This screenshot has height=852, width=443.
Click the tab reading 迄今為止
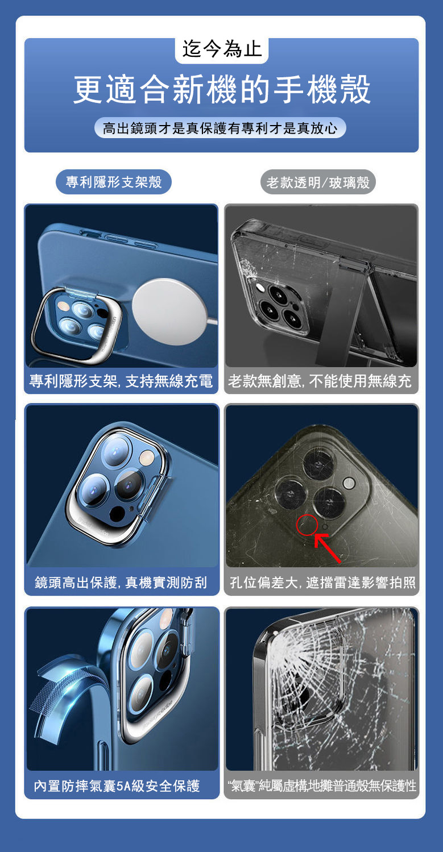pyautogui.click(x=222, y=49)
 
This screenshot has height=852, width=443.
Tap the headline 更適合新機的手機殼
pyautogui.click(x=222, y=90)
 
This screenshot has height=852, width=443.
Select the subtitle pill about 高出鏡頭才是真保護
pyautogui.click(x=220, y=128)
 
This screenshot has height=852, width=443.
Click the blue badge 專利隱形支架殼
pyautogui.click(x=114, y=182)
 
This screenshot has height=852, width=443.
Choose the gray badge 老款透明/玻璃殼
pyautogui.click(x=318, y=182)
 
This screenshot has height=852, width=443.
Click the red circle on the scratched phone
pyautogui.click(x=307, y=525)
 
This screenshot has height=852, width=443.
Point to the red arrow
pyautogui.click(x=328, y=548)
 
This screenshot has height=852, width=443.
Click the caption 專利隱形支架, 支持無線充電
pyautogui.click(x=121, y=381)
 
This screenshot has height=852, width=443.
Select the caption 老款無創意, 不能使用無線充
pyautogui.click(x=320, y=381)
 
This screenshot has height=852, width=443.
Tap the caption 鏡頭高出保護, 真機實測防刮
pyautogui.click(x=121, y=583)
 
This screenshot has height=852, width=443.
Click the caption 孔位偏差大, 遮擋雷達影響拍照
pyautogui.click(x=323, y=583)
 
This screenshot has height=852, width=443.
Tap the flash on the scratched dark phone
pyautogui.click(x=349, y=484)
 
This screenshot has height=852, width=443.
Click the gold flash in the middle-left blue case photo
pyautogui.click(x=147, y=457)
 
